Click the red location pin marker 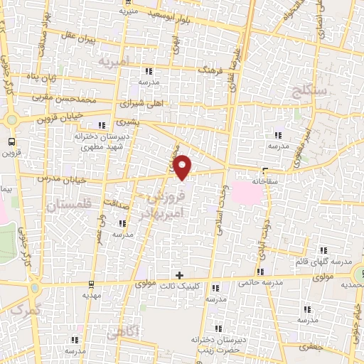pos(183,167)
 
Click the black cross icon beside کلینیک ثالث pos(179,274)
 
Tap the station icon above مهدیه pos(90,282)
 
